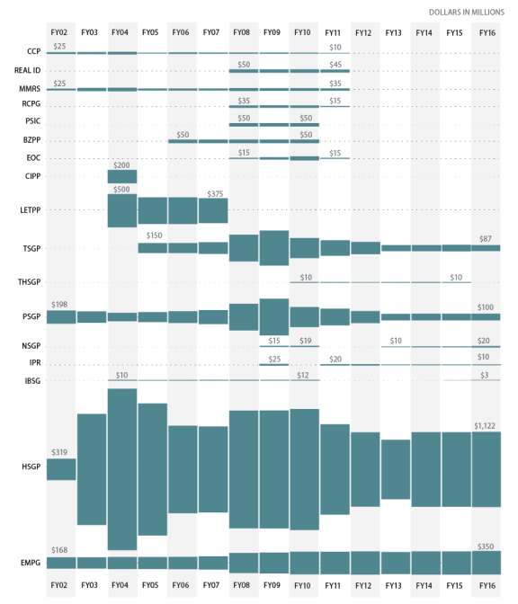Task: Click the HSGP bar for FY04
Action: coord(122,469)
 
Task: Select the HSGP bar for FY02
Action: coord(61,469)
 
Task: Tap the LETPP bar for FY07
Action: coord(213,210)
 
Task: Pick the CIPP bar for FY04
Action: coord(122,176)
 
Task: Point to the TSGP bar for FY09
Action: coord(274,248)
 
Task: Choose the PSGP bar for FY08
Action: coord(244,317)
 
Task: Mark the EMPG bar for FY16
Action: coord(486,563)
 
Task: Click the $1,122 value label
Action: coord(485,426)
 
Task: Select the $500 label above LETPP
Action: coord(121,189)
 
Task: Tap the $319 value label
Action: coord(59,452)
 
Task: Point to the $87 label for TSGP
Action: coord(486,239)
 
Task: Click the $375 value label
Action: coord(215,194)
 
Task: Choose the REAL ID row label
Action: coord(27,70)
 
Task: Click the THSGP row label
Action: coord(30,282)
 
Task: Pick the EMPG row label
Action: coord(31,563)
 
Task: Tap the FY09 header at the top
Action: coord(272,32)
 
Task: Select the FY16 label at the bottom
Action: coord(487,585)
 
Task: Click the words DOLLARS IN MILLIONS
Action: coord(467,13)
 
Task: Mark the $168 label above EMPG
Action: coord(59,550)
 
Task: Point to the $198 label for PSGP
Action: coord(59,305)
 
